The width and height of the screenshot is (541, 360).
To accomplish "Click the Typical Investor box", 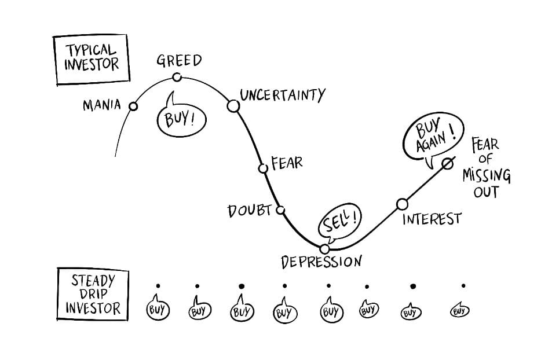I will pos(91,60).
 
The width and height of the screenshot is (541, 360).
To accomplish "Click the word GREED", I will pos(180,60).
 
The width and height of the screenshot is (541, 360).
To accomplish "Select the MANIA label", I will pos(101,105).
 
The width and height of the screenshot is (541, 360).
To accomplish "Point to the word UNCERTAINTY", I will pos(283,94).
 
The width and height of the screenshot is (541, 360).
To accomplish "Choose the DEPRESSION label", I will pos(321,262).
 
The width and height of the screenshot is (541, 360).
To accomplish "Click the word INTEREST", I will pos(432,219).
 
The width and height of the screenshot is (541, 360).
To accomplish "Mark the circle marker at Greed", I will pos(179,77).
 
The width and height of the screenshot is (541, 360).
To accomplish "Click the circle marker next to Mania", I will pos(133,106).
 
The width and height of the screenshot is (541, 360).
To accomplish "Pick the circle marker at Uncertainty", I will pos(233,105).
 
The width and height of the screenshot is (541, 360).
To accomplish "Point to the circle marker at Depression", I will pos(324,249).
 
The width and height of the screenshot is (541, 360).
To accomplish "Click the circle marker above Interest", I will pos(402,204).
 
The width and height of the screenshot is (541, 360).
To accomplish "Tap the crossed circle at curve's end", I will pos(447,164).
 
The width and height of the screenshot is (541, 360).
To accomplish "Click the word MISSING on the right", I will pos(486,175).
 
